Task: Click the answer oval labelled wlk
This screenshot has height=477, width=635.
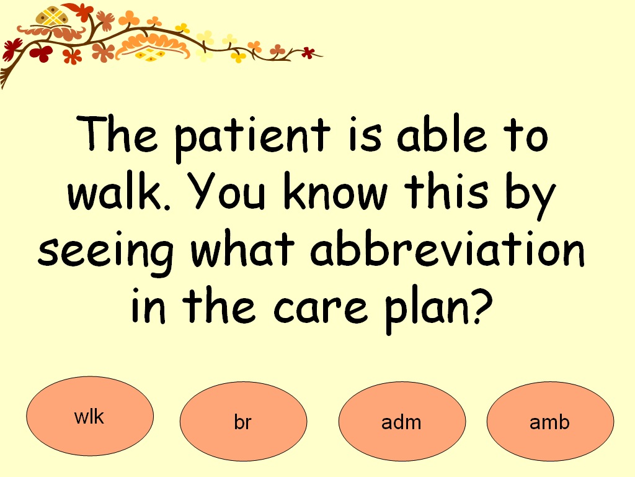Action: (90, 416)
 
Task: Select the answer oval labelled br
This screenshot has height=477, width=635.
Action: (243, 422)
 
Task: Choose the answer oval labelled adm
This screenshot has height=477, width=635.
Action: (402, 422)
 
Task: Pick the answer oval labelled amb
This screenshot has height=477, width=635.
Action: (550, 422)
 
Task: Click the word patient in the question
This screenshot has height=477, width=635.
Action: (251, 138)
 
